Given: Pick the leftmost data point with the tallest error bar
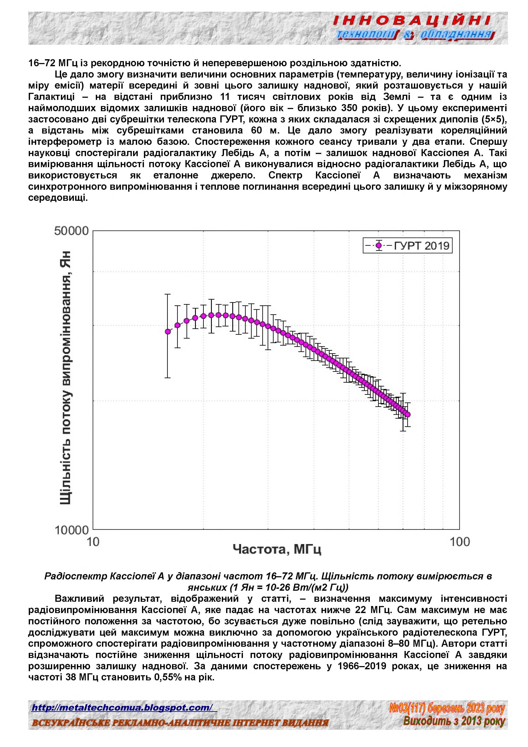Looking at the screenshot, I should coord(168,332).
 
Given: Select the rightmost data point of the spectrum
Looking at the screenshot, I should coord(408,415).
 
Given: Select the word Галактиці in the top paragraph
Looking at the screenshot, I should coord(51,97).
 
